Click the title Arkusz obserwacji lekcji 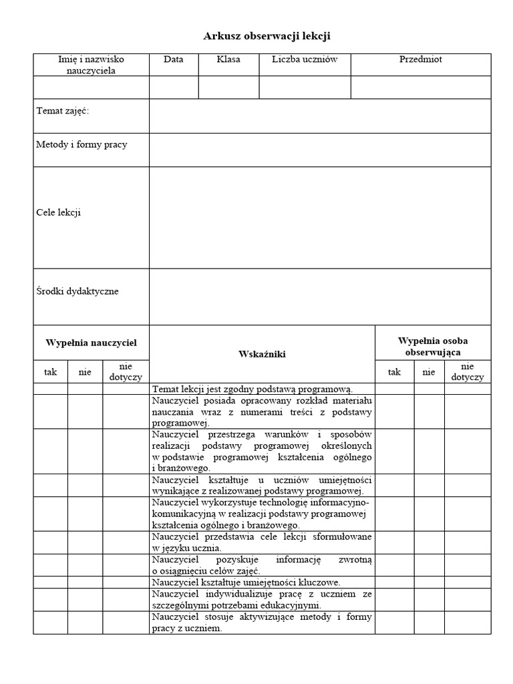(x=267, y=36)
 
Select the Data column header (x=173, y=59)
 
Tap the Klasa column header (x=228, y=59)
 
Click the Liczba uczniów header (x=305, y=59)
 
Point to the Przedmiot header (x=421, y=59)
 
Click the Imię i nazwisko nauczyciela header (x=91, y=65)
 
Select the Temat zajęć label (x=62, y=111)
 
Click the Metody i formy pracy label (x=81, y=144)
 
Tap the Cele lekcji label (x=58, y=212)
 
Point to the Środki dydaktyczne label (x=77, y=291)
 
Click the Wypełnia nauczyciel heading (x=91, y=343)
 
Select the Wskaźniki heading (x=262, y=354)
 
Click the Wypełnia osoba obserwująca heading (x=433, y=346)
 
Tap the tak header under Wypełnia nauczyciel (x=51, y=372)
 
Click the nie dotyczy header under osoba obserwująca (x=467, y=371)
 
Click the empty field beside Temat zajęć (x=319, y=116)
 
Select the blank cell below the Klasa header (x=228, y=87)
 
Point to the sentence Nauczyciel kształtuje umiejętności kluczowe (x=246, y=582)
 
